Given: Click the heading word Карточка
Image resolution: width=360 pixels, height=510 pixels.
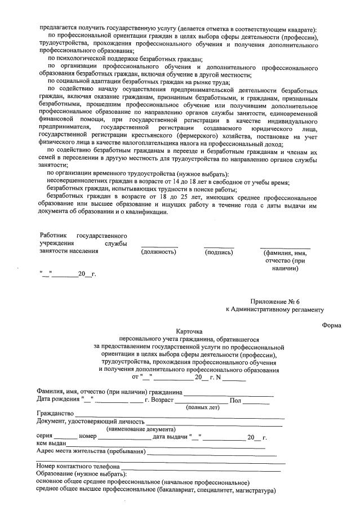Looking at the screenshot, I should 189,332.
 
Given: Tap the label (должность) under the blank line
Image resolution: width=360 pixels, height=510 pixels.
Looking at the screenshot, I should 159,252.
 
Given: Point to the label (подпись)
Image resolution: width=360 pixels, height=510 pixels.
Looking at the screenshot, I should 219,252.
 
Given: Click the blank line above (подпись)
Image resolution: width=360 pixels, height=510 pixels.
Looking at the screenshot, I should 219,247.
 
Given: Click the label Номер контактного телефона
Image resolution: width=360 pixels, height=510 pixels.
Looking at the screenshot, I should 78,467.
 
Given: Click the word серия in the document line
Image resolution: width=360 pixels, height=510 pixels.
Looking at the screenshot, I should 45,437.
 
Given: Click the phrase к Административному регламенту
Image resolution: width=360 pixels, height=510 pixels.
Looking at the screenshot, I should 275,309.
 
